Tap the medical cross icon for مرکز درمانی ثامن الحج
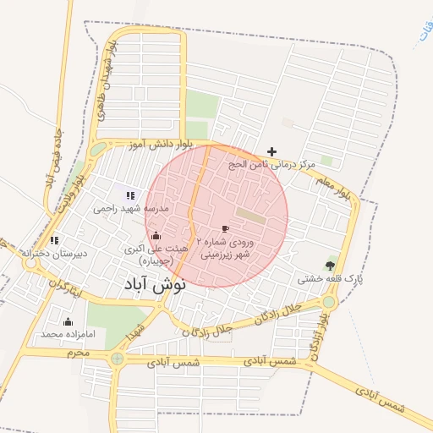pyautogui.click(x=271, y=151)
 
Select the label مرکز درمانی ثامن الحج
pyautogui.click(x=271, y=164)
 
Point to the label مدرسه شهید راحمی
pyautogui.click(x=132, y=208)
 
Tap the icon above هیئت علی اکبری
pyautogui.click(x=155, y=236)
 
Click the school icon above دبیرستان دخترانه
pyautogui.click(x=54, y=240)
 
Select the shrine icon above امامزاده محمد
pyautogui.click(x=68, y=321)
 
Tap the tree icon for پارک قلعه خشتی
pyautogui.click(x=330, y=266)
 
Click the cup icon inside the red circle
pyautogui.click(x=225, y=228)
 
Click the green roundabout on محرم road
pyautogui.click(x=117, y=359)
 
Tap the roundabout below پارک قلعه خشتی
pyautogui.click(x=329, y=301)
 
